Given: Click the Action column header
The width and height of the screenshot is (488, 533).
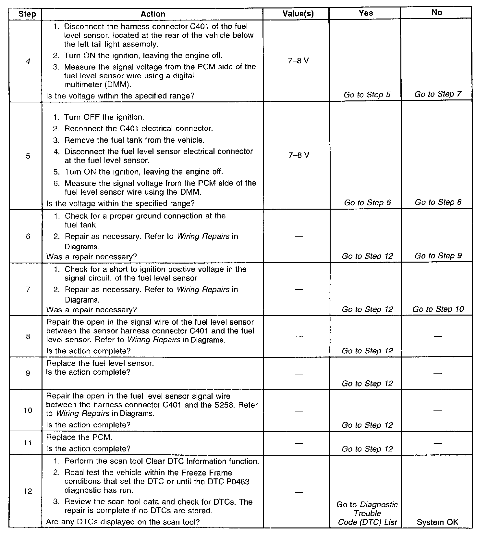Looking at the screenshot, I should (153, 14).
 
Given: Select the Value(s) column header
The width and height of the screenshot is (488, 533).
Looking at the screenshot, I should (298, 14).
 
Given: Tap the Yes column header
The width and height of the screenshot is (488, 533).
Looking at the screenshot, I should (366, 13).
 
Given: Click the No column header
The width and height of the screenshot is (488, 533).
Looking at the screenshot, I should (437, 12).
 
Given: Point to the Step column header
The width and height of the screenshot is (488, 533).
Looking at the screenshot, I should (27, 14).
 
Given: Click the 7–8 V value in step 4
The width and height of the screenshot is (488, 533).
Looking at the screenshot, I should (298, 61).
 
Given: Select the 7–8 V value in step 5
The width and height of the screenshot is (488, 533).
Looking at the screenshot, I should (299, 155).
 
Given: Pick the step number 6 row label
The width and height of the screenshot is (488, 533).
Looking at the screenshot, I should (28, 236).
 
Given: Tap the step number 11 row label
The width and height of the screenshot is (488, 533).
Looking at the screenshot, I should (28, 443).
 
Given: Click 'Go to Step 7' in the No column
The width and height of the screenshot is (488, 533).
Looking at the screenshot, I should (438, 94).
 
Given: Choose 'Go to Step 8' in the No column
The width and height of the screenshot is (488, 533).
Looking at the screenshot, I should (438, 202).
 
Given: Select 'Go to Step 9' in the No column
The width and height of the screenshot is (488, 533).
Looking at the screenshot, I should (438, 256).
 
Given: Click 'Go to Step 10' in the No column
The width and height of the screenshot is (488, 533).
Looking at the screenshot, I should (438, 309).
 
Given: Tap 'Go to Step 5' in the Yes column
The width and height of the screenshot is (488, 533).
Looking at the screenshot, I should (367, 95).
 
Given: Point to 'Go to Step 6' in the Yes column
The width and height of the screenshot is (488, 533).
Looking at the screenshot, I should (367, 203).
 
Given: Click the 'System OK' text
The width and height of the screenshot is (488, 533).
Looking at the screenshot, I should (437, 522).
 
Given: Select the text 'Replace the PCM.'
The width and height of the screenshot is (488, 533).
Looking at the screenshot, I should (79, 437).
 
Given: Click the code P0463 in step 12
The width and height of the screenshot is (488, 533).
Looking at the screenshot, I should (237, 482).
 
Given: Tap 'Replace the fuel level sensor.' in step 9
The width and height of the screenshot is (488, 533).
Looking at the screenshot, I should (100, 363).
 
